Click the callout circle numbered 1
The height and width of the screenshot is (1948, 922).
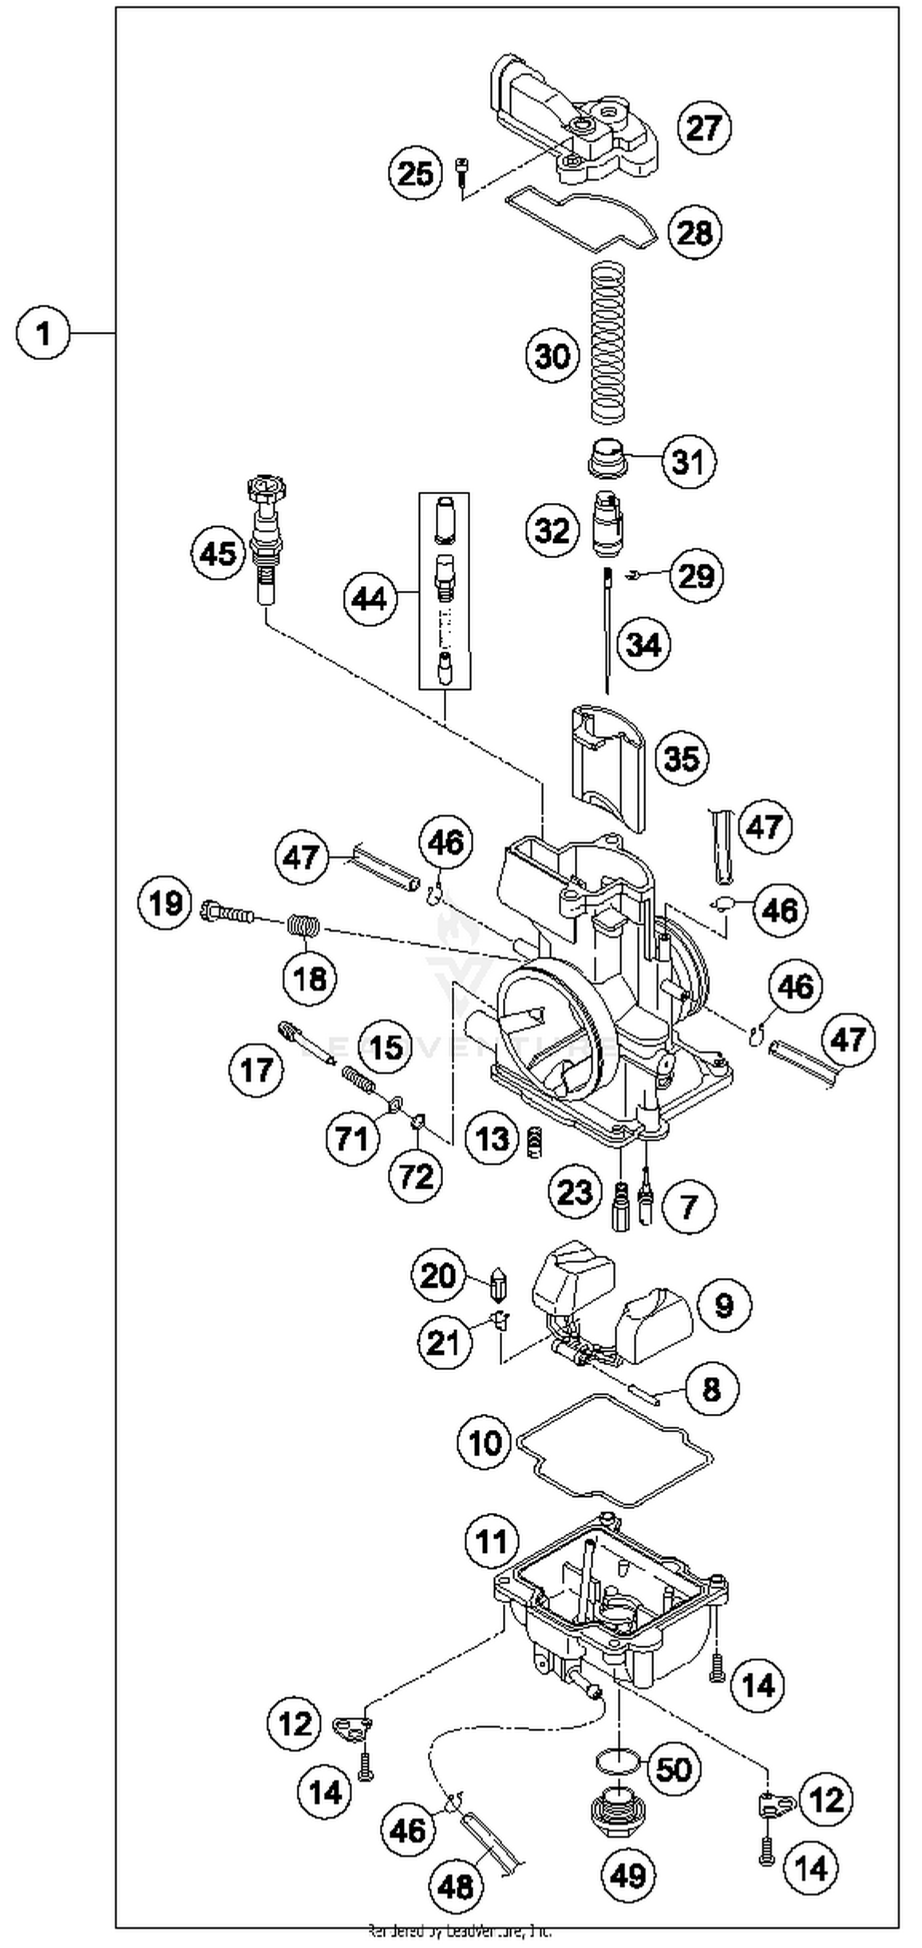pyautogui.click(x=43, y=333)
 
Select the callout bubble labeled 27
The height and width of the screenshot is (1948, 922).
pyautogui.click(x=703, y=127)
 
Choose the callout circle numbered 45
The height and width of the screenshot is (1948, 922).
pyautogui.click(x=218, y=554)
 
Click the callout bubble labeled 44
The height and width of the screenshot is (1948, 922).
pyautogui.click(x=370, y=599)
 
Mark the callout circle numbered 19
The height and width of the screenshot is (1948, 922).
pyautogui.click(x=165, y=903)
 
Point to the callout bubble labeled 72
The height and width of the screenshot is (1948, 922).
pyautogui.click(x=416, y=1175)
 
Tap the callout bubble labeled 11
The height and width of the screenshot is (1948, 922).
pyautogui.click(x=492, y=1540)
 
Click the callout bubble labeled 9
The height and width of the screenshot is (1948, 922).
pyautogui.click(x=724, y=1304)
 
